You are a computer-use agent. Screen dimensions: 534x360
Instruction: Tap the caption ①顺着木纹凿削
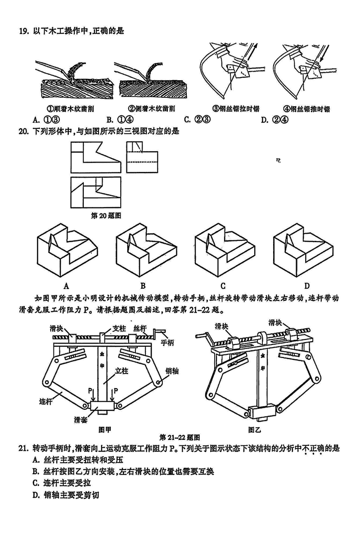pos(71,109)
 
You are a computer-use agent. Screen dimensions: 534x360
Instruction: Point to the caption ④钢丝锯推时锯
pos(306,109)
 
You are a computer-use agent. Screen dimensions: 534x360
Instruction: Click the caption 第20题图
pos(107,216)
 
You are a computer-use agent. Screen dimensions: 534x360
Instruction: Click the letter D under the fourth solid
pos(306,285)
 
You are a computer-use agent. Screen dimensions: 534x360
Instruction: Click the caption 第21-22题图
pos(180,437)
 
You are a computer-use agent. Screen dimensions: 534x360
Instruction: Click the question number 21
pos(23,448)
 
